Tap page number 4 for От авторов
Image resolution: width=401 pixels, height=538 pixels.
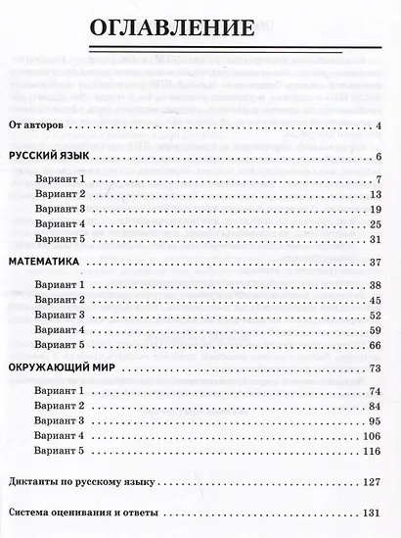[x=377, y=126]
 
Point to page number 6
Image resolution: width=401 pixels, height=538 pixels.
[x=377, y=158]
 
